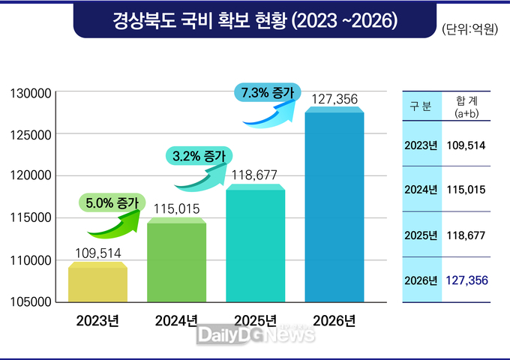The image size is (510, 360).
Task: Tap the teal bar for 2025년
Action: pos(255,244)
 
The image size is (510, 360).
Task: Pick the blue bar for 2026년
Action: pos(334,206)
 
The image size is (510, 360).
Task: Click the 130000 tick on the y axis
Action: pos(31,94)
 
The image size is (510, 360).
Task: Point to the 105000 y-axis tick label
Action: pos(31,302)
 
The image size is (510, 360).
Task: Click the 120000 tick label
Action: pos(31,176)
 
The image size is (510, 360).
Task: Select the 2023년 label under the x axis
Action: pos(97,322)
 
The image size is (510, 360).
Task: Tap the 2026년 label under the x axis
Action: pos(334,322)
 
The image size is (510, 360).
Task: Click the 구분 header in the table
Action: pos(420,107)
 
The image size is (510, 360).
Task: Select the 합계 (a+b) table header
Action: pos(466,107)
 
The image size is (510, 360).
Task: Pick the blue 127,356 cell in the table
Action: pos(466,280)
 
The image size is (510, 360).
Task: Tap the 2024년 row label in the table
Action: pos(420,190)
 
